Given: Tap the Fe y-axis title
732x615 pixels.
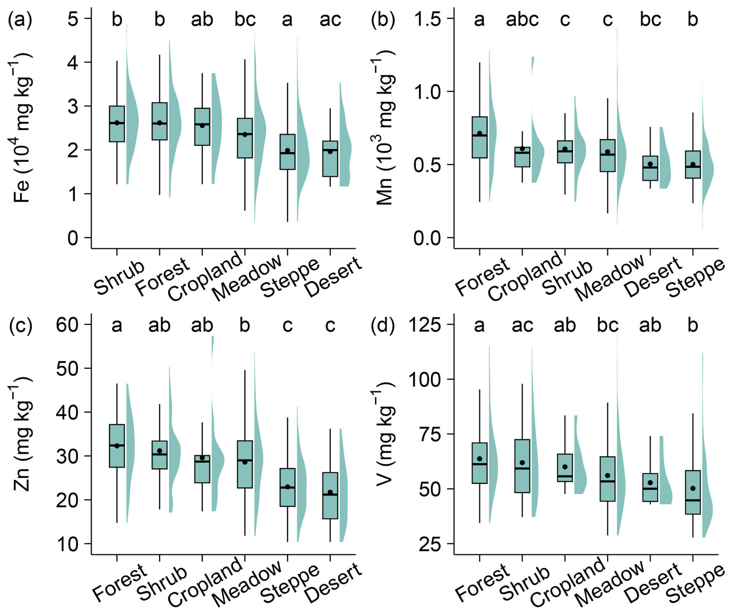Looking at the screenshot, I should (22, 128).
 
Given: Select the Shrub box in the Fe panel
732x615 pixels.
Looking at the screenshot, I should (117, 124).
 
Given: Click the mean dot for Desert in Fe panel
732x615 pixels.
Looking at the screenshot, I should (330, 152).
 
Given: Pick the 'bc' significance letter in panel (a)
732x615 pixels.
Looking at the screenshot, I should (245, 19).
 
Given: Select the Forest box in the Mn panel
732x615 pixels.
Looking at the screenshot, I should (479, 137).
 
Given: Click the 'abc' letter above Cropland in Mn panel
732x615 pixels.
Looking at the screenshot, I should (522, 19).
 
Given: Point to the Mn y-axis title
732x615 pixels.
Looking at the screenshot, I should (385, 128).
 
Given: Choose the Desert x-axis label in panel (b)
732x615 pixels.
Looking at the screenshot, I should (653, 277).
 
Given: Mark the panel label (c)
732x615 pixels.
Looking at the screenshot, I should (20, 325).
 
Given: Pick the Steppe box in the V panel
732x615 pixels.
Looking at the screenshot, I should (693, 492).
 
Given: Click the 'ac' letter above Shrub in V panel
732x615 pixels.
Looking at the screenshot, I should (522, 325).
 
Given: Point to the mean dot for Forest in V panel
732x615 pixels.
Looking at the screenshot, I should (479, 459).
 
